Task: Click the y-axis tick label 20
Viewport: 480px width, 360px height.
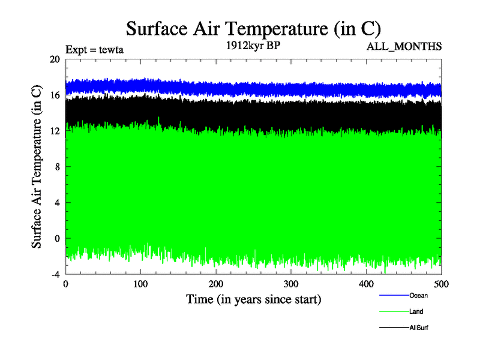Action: tap(55, 59)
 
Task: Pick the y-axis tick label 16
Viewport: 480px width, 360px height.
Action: tap(55, 95)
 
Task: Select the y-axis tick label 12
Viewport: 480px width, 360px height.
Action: tap(55, 131)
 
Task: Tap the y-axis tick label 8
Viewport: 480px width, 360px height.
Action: tap(57, 167)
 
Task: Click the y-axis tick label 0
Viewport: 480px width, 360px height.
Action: tap(57, 238)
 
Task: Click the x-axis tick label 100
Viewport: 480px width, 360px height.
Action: tap(140, 284)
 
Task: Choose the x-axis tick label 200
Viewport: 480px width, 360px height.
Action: tap(216, 284)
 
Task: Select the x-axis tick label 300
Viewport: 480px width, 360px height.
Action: tap(291, 284)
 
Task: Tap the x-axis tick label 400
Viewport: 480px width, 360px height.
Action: tap(366, 284)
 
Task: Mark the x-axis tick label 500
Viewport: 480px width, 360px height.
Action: tap(441, 284)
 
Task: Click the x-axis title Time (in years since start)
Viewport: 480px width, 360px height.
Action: tap(253, 299)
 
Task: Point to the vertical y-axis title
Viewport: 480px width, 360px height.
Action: tap(37, 167)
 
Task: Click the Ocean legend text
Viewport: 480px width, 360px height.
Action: tap(418, 295)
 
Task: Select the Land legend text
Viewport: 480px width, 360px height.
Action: tap(416, 311)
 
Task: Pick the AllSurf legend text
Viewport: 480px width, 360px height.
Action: tap(419, 328)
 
